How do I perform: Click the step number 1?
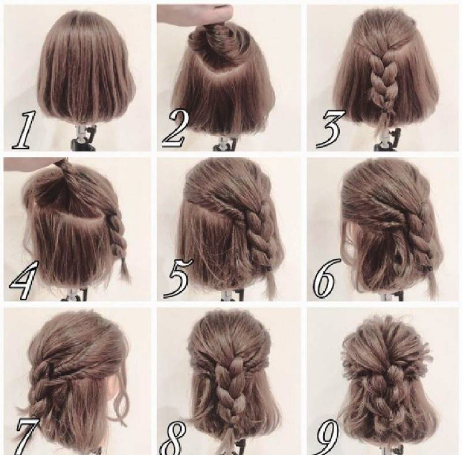(24, 130)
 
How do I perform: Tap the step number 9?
(327, 437)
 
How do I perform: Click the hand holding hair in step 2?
(195, 13)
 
